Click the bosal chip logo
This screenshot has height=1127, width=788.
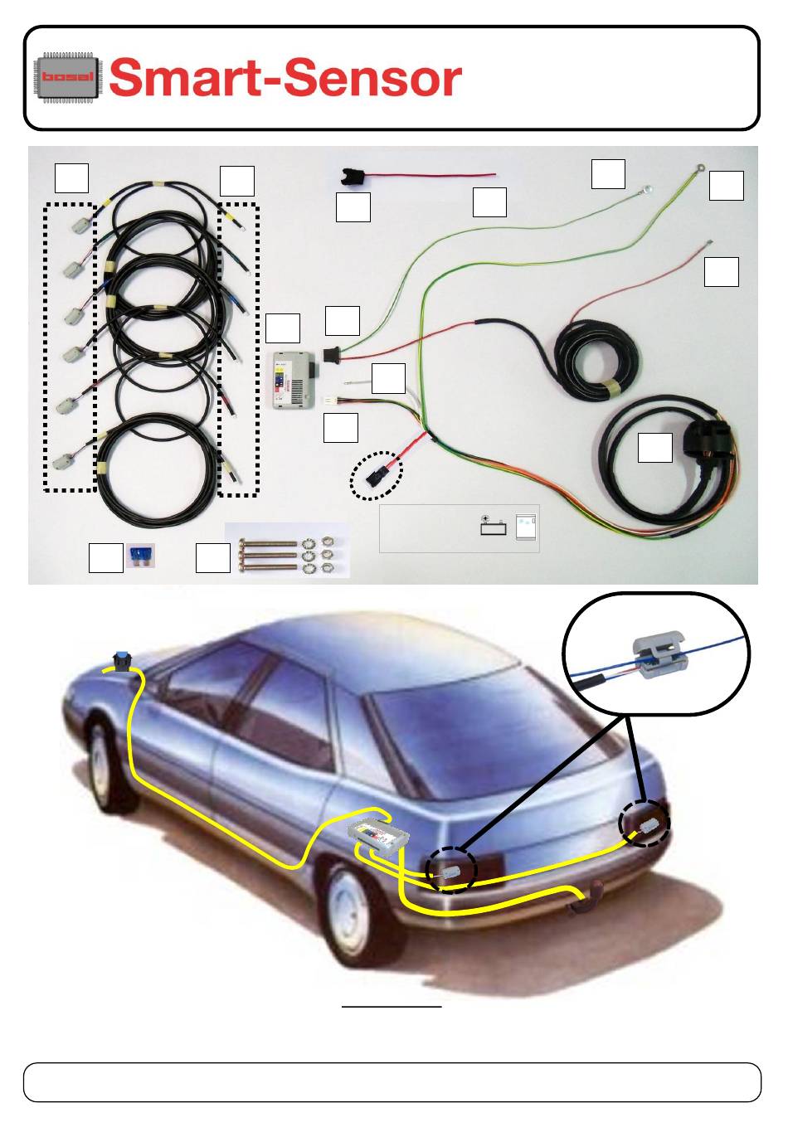[66, 76]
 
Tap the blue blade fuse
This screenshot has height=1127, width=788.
[140, 556]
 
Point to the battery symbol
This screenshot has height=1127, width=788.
[494, 525]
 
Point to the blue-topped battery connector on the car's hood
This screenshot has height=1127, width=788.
[122, 661]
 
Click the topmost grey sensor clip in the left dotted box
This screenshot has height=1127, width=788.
[80, 225]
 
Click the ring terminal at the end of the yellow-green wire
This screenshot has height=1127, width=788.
[700, 168]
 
